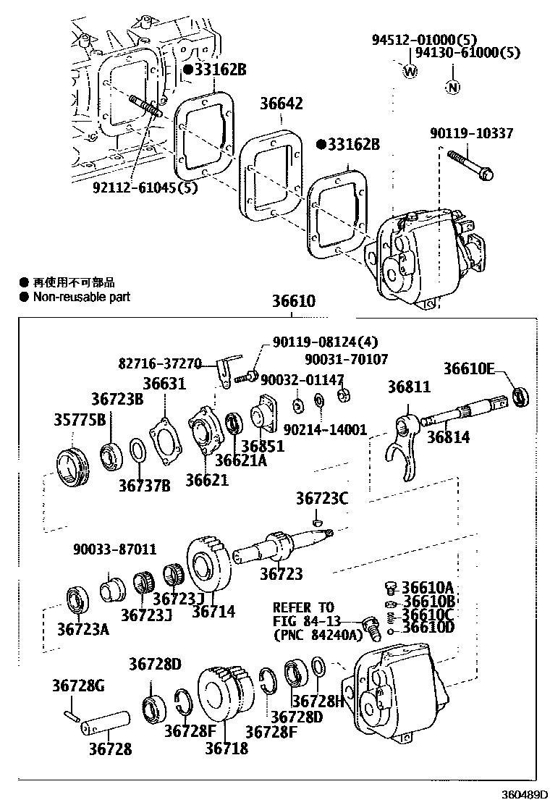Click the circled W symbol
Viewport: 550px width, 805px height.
[x=410, y=71]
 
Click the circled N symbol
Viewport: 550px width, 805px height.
[x=452, y=88]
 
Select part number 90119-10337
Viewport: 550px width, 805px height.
[x=481, y=134]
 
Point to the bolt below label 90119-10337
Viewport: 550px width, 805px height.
[x=470, y=164]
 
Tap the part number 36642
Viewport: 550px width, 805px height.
[x=282, y=104]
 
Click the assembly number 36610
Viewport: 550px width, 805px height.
[x=294, y=301]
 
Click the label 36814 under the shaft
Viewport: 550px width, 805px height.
[x=447, y=437]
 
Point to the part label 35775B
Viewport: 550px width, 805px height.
[x=80, y=421]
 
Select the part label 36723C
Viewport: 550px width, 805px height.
[x=321, y=498]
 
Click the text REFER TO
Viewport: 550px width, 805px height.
[x=303, y=607]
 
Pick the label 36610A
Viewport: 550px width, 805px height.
[x=428, y=587]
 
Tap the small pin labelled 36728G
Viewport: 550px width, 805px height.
[x=71, y=715]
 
